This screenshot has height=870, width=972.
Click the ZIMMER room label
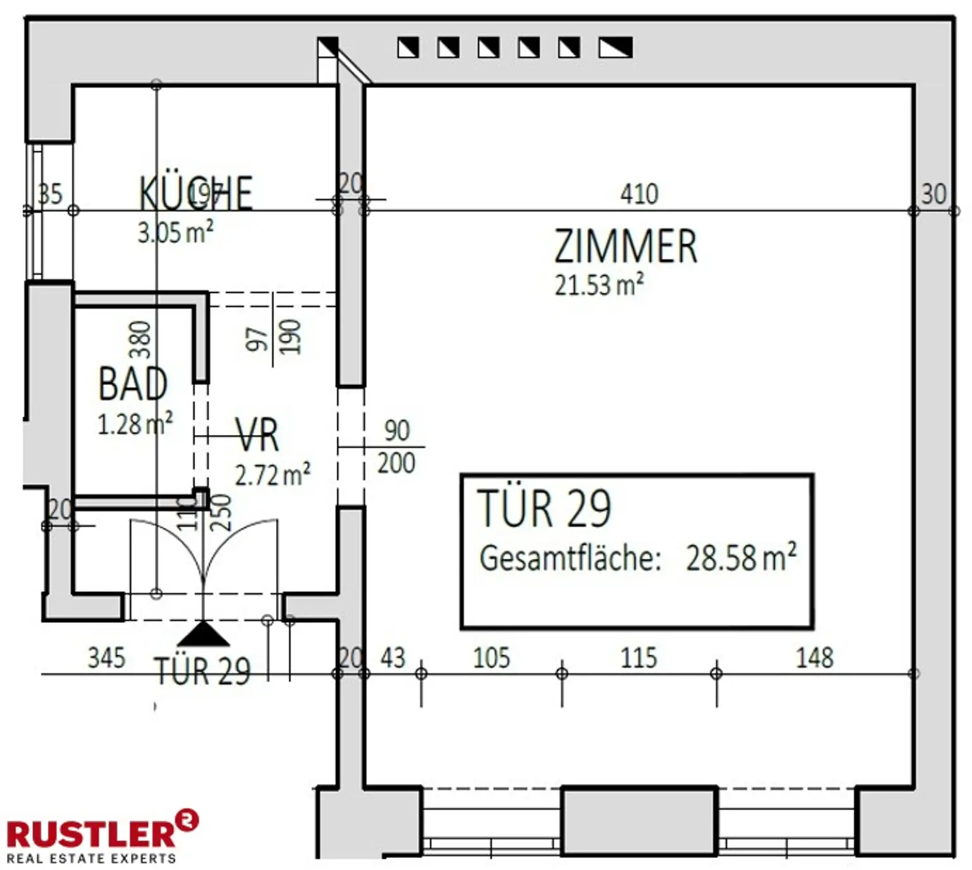coord(625,247)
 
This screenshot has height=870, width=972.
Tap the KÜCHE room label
coord(196,193)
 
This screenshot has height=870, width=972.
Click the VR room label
coord(257,435)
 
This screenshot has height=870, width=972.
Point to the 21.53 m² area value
coord(599,285)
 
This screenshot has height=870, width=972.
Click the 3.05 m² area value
coord(175,233)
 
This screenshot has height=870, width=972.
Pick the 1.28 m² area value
coord(135,424)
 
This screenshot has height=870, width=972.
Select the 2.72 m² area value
coord(273,475)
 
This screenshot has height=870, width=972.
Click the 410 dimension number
coord(639,194)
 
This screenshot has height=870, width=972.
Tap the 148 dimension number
coord(814,658)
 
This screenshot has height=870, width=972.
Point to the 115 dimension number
coord(639,658)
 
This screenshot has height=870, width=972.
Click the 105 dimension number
coord(491,658)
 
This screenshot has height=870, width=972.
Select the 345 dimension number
coord(106,658)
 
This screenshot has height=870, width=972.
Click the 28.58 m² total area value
coord(741,558)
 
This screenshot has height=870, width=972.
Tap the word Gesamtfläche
coord(570,558)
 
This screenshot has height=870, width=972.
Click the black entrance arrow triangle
coord(203,634)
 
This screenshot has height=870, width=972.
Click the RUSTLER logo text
coord(91,833)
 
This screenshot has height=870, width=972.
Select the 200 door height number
coord(396,463)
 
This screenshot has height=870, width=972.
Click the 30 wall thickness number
coord(933,194)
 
